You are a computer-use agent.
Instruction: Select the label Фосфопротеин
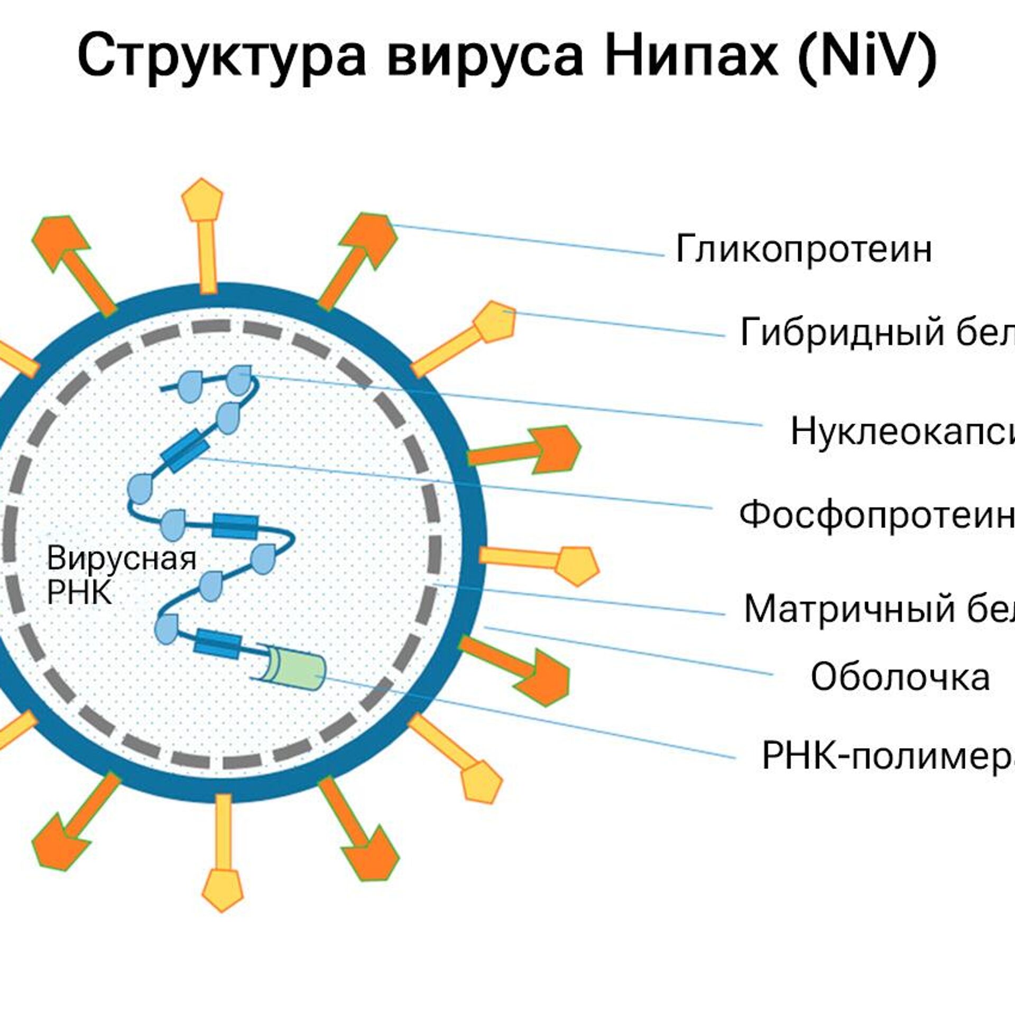(876, 515)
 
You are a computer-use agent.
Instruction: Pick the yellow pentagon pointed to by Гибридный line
(495, 320)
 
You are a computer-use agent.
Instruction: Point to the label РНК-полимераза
(888, 756)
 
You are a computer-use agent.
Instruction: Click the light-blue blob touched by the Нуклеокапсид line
(240, 379)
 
